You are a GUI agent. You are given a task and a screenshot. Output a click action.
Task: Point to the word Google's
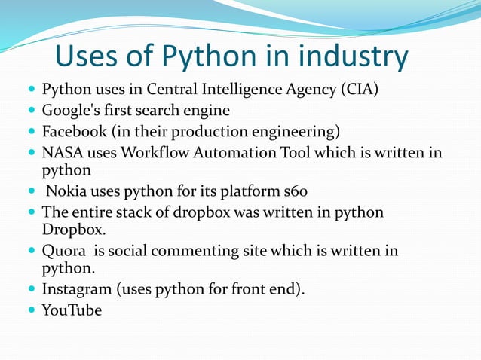(70, 112)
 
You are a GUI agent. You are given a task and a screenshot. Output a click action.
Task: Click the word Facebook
(74, 133)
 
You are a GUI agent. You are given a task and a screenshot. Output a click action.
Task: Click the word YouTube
(72, 309)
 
